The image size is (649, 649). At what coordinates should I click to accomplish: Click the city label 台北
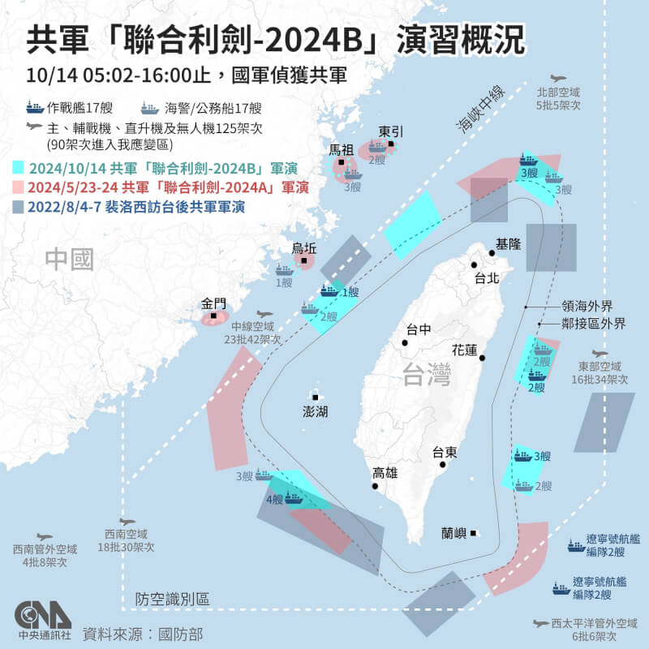(x=488, y=277)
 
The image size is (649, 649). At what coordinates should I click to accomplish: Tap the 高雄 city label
(x=385, y=473)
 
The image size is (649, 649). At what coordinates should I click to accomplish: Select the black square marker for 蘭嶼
(x=474, y=533)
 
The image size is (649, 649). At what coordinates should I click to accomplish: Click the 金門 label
(x=213, y=305)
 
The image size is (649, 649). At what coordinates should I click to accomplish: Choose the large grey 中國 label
(x=70, y=260)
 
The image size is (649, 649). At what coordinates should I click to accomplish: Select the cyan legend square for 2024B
(x=19, y=170)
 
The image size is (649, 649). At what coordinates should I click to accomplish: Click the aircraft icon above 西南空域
(x=126, y=522)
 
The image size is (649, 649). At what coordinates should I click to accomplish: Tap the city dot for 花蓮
(x=483, y=358)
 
